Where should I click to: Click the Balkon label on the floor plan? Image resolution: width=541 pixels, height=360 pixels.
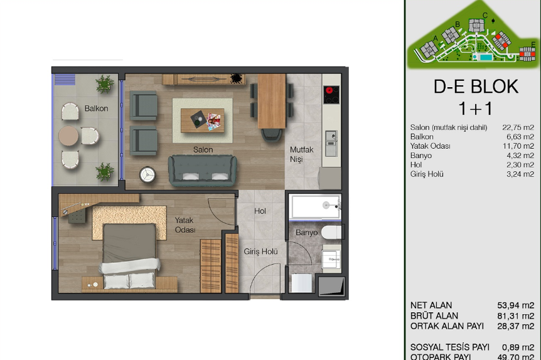coord(96,109)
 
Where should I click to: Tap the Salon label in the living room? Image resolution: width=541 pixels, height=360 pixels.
coord(203,150)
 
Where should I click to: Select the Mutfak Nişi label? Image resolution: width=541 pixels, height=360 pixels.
coord(301,154)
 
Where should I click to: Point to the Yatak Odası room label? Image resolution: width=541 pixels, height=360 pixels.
coord(185,225)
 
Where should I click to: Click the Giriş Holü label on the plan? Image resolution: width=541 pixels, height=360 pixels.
coord(261,251)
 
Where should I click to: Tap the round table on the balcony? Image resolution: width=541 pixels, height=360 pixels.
coord(68,135)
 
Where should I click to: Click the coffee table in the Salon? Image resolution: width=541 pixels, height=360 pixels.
coord(202,120)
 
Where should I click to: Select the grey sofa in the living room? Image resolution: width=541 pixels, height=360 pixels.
coord(203,171)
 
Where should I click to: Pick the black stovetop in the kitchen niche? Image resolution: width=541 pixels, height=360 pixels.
coord(331,95)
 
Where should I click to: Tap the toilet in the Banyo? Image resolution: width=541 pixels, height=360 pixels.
coord(331,233)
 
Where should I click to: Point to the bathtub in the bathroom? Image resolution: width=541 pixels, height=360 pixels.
coord(314,206)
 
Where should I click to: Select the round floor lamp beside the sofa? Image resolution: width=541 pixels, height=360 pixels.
coord(147,175)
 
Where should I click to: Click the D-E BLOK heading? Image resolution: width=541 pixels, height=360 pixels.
coord(476,87)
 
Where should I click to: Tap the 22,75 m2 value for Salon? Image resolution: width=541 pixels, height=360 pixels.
coord(518,127)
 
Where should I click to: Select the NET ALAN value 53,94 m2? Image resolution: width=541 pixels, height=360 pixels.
coord(515,305)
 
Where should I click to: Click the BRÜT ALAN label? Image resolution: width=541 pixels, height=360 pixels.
coord(434,316)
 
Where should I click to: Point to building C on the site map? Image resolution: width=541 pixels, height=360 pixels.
coord(476,26)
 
